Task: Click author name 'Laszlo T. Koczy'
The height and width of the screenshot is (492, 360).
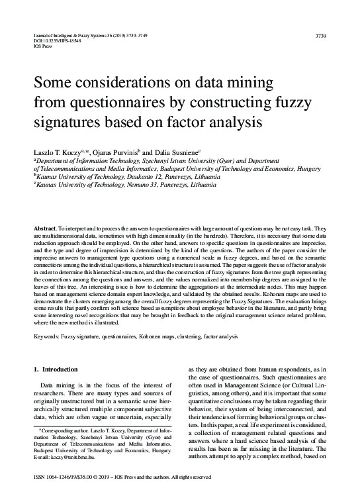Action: click(x=59, y=152)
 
